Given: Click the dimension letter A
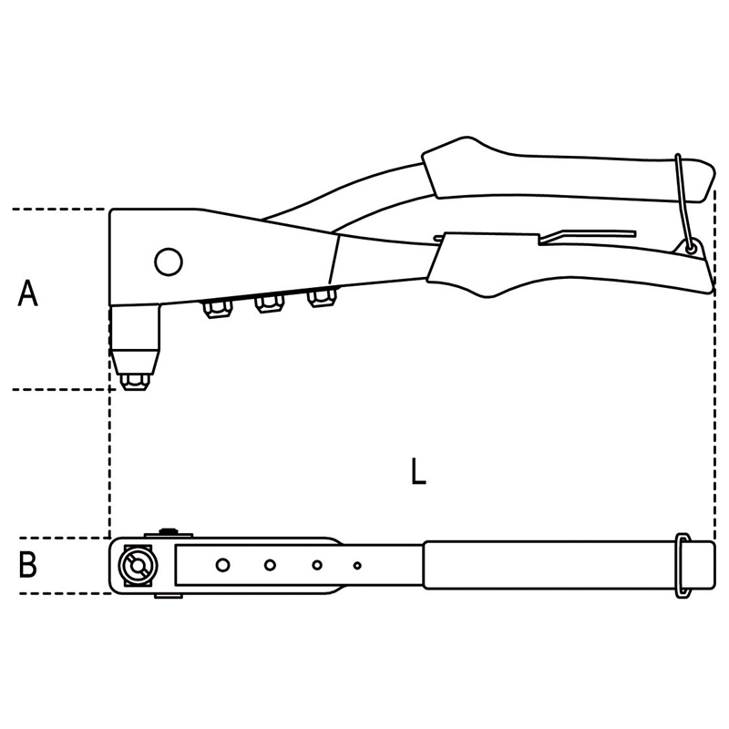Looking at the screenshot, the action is click(x=27, y=293).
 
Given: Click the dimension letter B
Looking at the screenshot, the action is click(x=27, y=565).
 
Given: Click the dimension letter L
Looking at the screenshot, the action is click(x=418, y=471).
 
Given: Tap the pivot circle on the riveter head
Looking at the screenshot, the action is click(x=169, y=262).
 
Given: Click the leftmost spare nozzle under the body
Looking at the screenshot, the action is click(x=218, y=309).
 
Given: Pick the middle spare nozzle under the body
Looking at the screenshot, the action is click(x=269, y=304).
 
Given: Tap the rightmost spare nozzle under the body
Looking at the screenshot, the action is click(x=321, y=298).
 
